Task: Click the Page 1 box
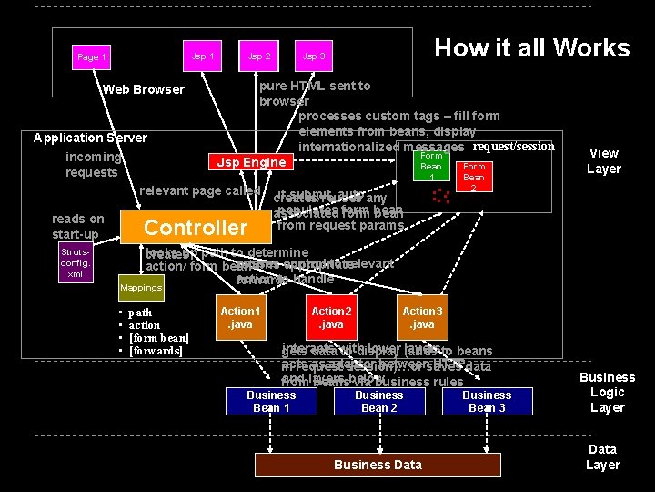point(92,56)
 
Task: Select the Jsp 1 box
point(204,56)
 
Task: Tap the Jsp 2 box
point(259,56)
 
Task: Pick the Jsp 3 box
point(314,56)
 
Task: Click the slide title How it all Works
point(531,48)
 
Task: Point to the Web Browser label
point(144,89)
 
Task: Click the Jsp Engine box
point(251,162)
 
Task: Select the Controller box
point(196,227)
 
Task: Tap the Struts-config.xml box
point(75,262)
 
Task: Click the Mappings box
point(141,287)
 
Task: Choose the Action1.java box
point(240,317)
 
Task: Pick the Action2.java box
point(331,317)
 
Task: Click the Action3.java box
point(422,317)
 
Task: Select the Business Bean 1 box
point(271,401)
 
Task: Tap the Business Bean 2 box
point(378,401)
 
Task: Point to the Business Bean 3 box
point(487,401)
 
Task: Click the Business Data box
point(378,465)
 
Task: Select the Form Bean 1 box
point(431,167)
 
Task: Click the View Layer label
point(603,160)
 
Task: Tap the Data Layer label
point(602,456)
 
